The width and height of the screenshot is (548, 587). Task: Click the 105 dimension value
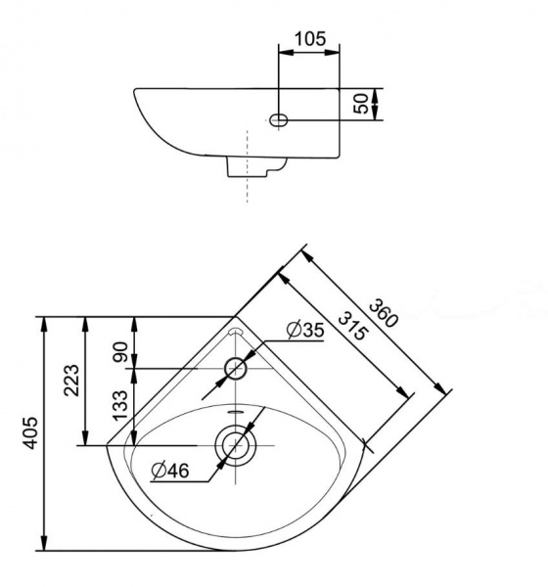(x=310, y=38)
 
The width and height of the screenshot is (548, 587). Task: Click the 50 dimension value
(x=361, y=104)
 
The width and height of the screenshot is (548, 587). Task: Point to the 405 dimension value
(x=30, y=432)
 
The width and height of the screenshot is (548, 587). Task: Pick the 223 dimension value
(x=71, y=380)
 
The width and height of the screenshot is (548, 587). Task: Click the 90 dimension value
(x=120, y=352)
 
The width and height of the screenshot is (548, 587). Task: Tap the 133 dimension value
(x=120, y=405)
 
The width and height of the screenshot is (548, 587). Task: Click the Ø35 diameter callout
(x=305, y=331)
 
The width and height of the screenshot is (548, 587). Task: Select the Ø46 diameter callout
(x=170, y=471)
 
